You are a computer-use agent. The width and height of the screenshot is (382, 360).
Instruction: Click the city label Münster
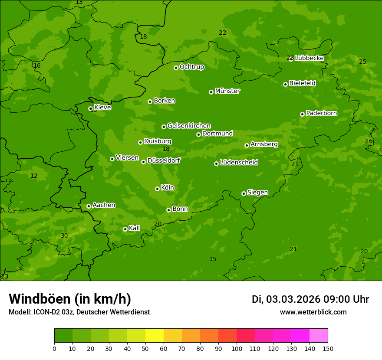227,91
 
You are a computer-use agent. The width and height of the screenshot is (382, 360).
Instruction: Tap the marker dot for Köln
157,189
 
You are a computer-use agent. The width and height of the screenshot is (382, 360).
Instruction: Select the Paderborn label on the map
321,113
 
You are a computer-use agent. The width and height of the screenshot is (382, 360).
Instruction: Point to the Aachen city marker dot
89,206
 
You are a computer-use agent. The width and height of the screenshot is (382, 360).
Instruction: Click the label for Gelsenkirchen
189,126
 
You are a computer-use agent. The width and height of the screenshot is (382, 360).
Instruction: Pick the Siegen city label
257,193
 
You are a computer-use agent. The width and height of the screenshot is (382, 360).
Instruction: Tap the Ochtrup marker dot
176,68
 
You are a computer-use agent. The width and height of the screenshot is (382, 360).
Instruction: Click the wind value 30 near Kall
64,236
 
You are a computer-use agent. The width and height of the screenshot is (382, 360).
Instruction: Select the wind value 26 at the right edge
369,141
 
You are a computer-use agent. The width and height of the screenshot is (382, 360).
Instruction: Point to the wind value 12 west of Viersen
34,176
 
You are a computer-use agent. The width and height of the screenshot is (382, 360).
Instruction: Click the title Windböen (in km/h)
70,299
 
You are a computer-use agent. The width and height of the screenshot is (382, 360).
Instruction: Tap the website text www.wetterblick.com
313,312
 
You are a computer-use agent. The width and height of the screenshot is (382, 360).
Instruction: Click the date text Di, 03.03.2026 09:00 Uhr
310,299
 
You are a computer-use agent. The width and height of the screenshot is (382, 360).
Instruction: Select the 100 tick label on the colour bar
237,348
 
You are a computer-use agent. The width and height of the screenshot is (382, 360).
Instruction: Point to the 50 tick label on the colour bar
145,348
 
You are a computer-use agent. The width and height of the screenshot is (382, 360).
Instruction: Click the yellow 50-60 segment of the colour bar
155,336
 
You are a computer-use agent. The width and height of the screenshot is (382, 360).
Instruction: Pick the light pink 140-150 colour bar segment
319,336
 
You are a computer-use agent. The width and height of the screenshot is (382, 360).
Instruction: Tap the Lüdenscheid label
239,163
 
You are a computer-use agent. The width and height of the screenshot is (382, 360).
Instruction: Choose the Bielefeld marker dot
285,84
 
